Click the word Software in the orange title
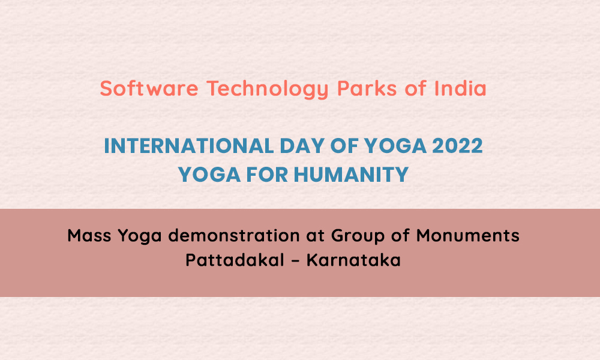coord(149,88)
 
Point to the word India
coord(460,88)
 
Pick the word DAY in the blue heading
coord(302,146)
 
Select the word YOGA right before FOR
coord(209,175)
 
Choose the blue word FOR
coord(267,175)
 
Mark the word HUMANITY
coord(351,175)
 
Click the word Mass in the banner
coord(89,235)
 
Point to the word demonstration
coord(234,235)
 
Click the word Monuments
coord(467,235)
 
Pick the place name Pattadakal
coord(235,260)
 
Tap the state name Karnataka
coord(353,260)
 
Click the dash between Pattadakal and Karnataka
coord(295,261)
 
